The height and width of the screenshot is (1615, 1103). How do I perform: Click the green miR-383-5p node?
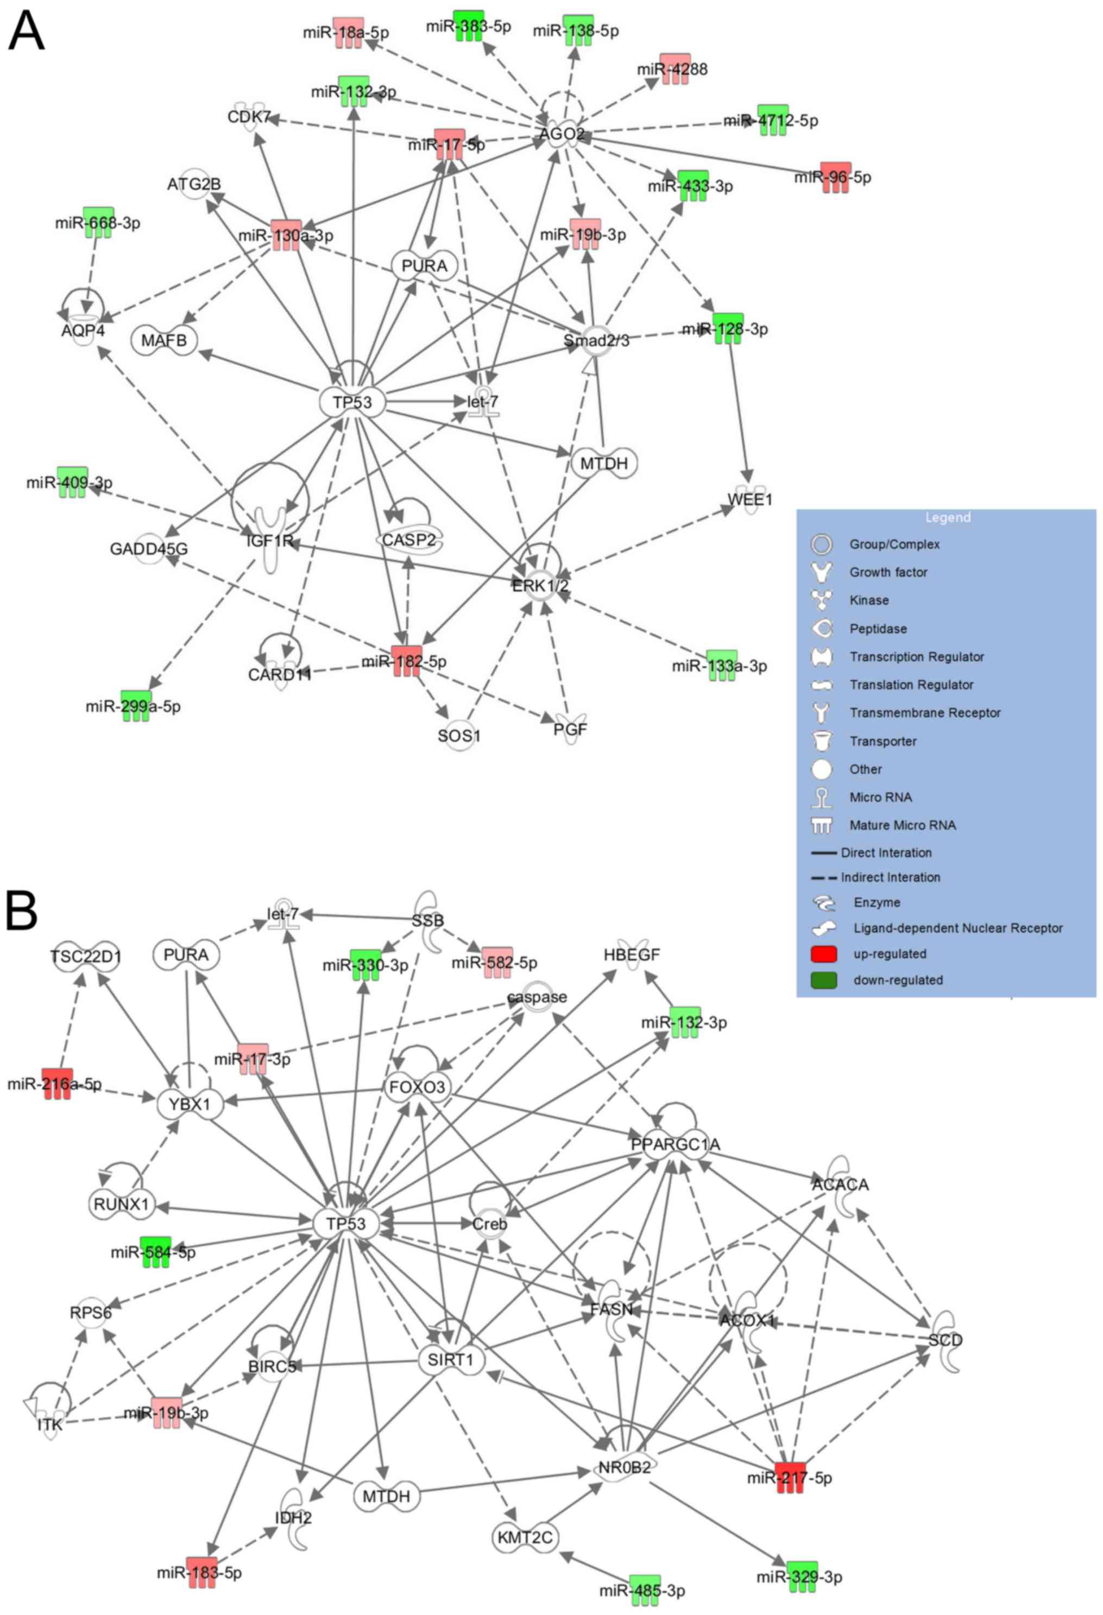coord(469,26)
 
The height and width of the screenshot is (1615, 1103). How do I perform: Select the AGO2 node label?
coord(562,134)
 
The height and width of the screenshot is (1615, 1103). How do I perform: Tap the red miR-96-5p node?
coord(834,177)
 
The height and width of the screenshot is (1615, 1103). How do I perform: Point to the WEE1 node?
coord(750,499)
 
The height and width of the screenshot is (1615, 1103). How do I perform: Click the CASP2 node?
coord(409,539)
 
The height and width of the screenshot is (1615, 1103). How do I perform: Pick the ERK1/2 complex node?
coord(540,586)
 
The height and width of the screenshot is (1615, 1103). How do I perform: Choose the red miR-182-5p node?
coord(406,661)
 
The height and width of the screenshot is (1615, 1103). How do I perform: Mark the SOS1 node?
coord(459,735)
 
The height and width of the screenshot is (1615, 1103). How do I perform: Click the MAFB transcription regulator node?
coord(164,340)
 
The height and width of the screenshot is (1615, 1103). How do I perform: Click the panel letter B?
coord(22,910)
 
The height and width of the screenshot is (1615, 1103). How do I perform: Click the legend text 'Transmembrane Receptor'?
coord(924,712)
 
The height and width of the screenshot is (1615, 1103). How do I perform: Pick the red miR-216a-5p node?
coord(57,1084)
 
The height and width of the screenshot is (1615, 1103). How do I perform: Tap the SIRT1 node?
coord(450,1359)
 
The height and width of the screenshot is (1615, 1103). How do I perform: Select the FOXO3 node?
coord(417,1087)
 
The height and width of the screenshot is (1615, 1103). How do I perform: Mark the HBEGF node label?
coord(631,955)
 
